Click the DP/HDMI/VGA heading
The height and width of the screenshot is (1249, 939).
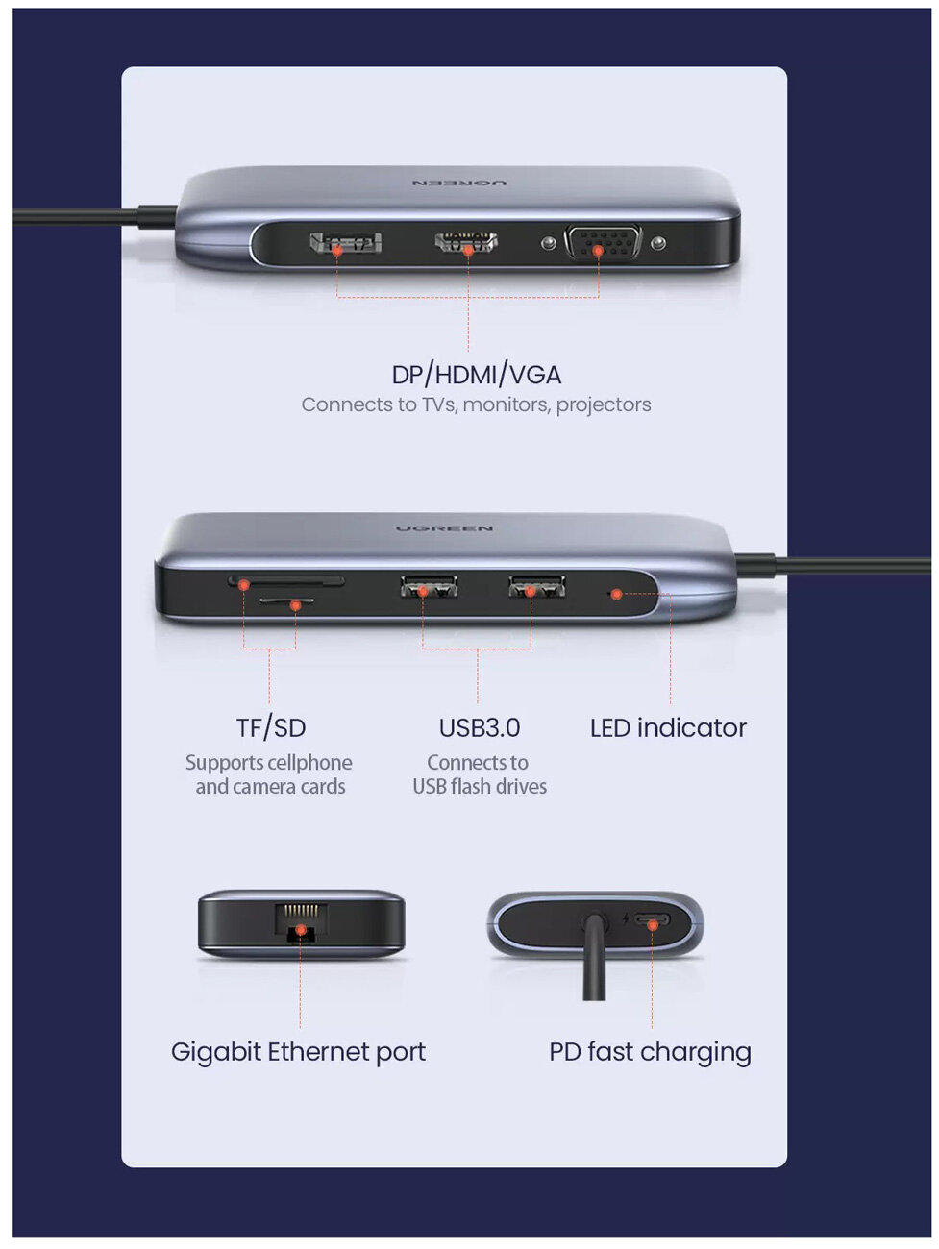coord(476,375)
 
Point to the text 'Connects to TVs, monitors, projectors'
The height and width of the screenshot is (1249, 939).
coord(476,404)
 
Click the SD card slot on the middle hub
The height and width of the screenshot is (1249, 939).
coord(286,581)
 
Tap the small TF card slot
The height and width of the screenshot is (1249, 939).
coord(286,603)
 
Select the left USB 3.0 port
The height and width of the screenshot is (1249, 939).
coord(428,585)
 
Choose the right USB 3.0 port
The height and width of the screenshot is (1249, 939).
coord(536,585)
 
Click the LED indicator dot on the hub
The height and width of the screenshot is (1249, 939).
coord(616,594)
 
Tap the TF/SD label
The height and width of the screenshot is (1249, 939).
coord(270,728)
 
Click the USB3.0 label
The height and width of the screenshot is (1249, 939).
coord(479,728)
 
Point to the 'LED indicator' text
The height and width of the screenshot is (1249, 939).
coord(668,728)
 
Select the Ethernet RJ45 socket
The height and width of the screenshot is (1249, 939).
coord(301,923)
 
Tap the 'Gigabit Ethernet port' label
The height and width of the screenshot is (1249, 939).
coord(298,1052)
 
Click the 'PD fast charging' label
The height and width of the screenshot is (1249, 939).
coord(650,1052)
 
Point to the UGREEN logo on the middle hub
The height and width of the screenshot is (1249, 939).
coord(444,528)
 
